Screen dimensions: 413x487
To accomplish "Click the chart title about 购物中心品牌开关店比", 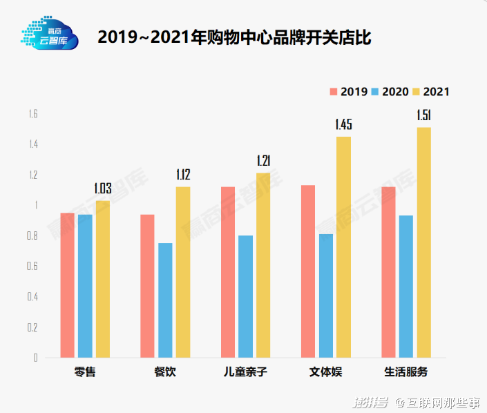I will pos(234,37).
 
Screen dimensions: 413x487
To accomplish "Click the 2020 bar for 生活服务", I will pos(406,286).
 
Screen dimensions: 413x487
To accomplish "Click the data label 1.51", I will pos(423,115).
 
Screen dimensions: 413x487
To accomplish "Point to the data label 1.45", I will pos(343,125).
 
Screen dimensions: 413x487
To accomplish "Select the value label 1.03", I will pos(102,189).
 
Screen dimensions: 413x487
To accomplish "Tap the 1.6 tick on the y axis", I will pos(32,114).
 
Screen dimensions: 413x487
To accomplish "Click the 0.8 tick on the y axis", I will pos(32,236).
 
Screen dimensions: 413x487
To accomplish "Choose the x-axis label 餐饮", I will pos(165,372).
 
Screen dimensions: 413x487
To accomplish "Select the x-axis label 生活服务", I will pos(406,372).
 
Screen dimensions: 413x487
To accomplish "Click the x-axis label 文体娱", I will pos(325,372).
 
